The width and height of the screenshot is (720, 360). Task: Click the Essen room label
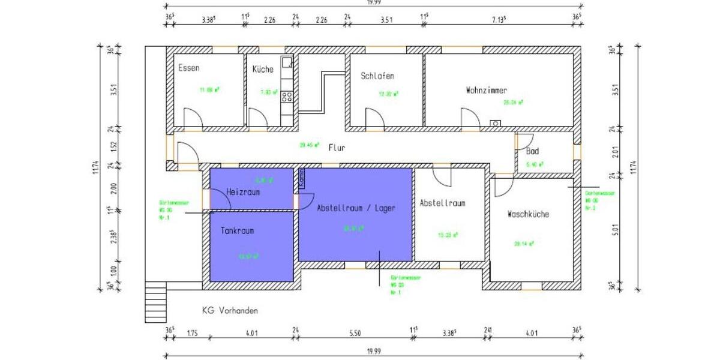click(x=189, y=68)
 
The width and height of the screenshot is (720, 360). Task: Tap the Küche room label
click(x=263, y=69)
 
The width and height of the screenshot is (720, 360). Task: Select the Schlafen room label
click(x=377, y=76)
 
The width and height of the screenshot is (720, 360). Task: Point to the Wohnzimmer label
click(x=486, y=91)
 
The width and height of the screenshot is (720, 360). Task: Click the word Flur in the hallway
click(x=337, y=147)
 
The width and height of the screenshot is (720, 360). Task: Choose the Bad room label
click(x=532, y=151)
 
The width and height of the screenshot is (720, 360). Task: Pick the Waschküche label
click(x=528, y=214)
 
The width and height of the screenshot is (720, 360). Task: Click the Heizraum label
click(x=243, y=192)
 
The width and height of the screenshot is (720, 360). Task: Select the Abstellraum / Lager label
click(x=356, y=208)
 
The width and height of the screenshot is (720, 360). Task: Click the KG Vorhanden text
click(x=230, y=311)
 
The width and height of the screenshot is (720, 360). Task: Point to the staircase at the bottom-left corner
click(x=156, y=294)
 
